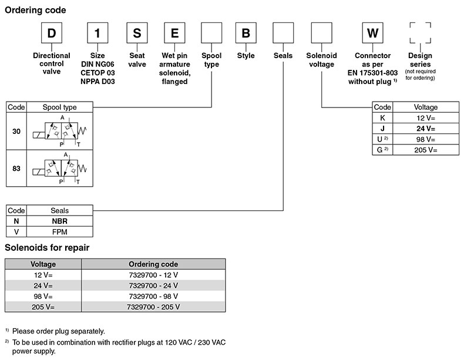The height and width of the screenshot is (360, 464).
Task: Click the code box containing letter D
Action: coord(52,33)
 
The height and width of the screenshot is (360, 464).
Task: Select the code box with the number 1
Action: coord(97,33)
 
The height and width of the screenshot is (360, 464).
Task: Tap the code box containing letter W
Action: coord(372,33)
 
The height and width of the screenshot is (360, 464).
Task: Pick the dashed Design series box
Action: coord(420,33)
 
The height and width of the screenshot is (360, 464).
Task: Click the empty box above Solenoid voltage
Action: coord(321,33)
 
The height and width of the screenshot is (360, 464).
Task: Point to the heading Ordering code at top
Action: coord(35,10)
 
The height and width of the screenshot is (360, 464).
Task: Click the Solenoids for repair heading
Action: coord(47,248)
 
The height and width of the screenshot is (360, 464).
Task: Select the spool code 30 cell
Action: coord(16,132)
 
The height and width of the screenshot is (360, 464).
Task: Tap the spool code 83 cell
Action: coord(16,169)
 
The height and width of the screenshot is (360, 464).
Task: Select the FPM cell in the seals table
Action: coord(60,232)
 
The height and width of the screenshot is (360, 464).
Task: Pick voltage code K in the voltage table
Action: coord(382,117)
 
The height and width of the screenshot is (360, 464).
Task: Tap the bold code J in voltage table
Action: coord(382,128)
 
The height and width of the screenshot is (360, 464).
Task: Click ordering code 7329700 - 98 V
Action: coord(153,296)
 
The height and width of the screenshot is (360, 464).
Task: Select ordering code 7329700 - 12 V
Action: coord(153,275)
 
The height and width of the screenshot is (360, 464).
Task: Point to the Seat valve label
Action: coord(137,60)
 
